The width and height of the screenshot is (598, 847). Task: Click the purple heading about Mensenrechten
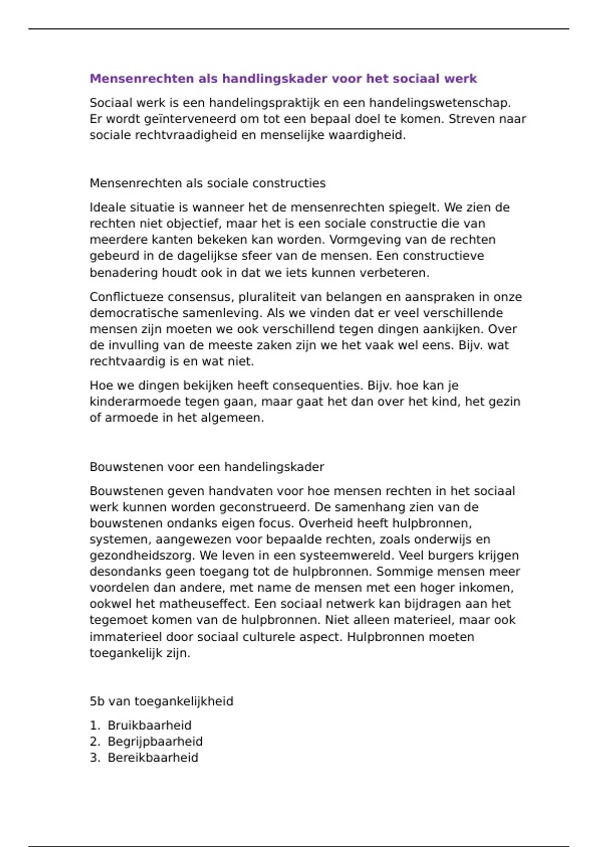point(283,79)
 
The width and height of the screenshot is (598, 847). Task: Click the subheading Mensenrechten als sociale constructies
point(207,183)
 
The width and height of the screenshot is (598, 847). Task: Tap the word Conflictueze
point(127,297)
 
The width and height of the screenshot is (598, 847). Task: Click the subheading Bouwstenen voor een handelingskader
point(207,467)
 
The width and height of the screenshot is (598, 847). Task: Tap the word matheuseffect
point(203,604)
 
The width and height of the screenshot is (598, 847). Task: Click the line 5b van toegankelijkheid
point(161,702)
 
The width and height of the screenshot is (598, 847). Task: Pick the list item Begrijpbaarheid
point(155,741)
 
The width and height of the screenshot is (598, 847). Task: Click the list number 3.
point(95,758)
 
